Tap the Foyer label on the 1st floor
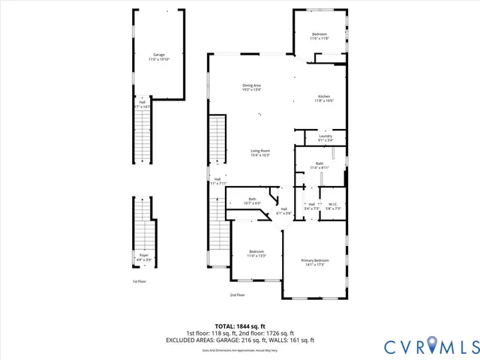143,257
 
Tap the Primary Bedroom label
315,262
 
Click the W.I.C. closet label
334,205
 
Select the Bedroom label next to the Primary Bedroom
256,253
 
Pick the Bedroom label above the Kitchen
319,36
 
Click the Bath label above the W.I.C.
319,165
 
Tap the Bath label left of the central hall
252,200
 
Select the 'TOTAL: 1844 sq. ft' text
239,326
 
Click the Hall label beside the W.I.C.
310,205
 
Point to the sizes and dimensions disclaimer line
239,349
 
